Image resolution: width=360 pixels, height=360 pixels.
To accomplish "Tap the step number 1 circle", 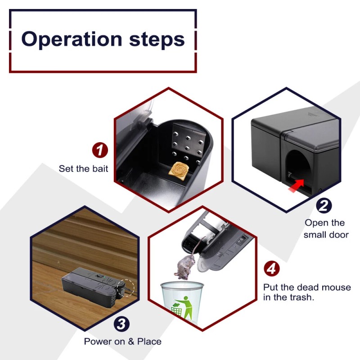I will pos(100,150).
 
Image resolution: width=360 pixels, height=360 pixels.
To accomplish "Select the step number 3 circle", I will pos(121,323).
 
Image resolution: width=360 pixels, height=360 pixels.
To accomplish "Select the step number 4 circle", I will pos(271,269).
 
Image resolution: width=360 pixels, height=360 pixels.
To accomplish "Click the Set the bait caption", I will pos(83,169).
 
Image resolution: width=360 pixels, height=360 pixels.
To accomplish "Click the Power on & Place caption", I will pos(122,342).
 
